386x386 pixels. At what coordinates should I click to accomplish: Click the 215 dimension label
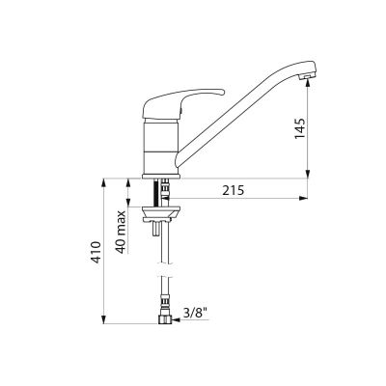[x=234, y=190]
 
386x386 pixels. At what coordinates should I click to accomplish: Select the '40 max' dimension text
[x=121, y=232]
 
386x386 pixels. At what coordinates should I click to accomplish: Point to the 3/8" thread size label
[x=194, y=313]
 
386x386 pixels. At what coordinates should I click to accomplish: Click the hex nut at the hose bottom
[x=165, y=319]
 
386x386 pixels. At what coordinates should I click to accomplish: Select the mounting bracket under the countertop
[x=162, y=214]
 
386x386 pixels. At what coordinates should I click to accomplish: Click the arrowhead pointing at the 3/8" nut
[x=176, y=319]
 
